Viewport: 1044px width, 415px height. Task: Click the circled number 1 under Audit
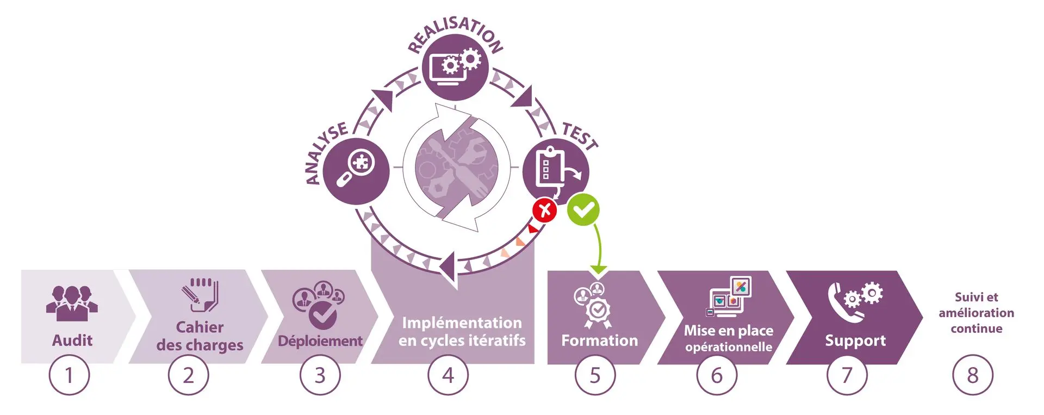(x=69, y=375)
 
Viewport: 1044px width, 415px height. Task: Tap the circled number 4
(x=448, y=375)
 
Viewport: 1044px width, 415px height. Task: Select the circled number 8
(x=972, y=375)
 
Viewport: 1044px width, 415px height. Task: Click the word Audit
(x=72, y=340)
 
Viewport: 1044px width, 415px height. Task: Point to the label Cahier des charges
(x=200, y=336)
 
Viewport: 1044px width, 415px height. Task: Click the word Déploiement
(x=320, y=341)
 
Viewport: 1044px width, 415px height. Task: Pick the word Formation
(x=599, y=340)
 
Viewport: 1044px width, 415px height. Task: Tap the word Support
(x=855, y=340)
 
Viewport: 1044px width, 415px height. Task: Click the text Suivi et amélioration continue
(x=976, y=313)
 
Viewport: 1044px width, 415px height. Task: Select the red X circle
(x=545, y=210)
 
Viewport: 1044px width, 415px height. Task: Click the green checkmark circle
(x=583, y=209)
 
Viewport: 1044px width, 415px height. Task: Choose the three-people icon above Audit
(x=72, y=302)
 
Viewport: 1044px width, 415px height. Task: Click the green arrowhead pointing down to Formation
(x=598, y=268)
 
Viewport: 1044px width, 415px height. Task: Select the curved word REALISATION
(x=456, y=33)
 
